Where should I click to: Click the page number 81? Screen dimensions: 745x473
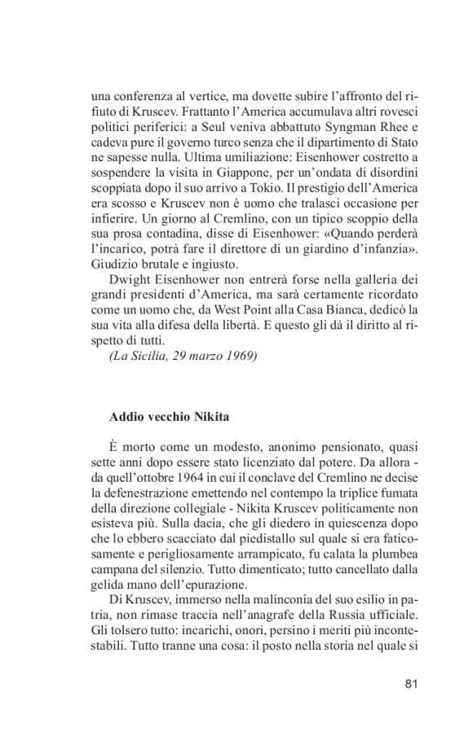click(x=410, y=682)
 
